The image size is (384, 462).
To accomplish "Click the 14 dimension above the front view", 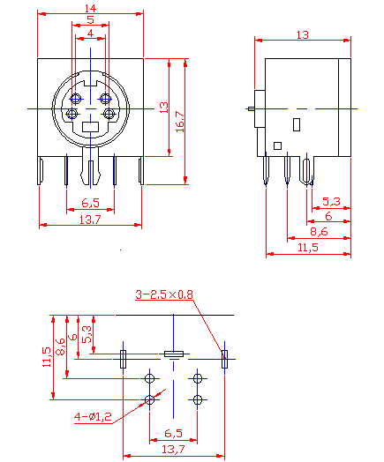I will coord(90,9).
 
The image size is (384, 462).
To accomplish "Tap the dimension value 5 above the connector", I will coord(90,19).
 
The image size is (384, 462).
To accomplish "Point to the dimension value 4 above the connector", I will coord(90,34).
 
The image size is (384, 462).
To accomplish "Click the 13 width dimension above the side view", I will coord(302,34).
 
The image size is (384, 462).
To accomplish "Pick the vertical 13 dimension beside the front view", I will coord(162,107).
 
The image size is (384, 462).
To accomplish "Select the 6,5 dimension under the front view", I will coord(90,202).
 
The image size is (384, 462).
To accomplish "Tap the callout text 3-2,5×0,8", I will coord(164,294).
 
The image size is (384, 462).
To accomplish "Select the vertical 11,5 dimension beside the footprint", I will coord(47,356).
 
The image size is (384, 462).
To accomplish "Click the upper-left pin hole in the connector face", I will coord(77,98).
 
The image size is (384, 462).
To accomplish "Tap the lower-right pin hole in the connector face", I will coord(109,114).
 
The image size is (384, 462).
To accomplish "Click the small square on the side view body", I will coord(277,145).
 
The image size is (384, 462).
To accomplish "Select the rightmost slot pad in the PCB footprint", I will coord(224,358).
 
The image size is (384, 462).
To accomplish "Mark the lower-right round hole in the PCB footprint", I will coord(198,400).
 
